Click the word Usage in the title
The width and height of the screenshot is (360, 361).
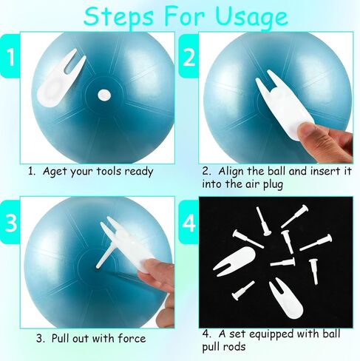pyautogui.click(x=251, y=17)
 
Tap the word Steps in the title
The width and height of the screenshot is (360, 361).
pyautogui.click(x=118, y=16)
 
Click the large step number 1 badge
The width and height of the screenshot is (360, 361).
pyautogui.click(x=10, y=56)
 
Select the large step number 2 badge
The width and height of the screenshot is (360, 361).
pyautogui.click(x=189, y=56)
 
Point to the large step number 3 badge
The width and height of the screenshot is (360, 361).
pyautogui.click(x=10, y=222)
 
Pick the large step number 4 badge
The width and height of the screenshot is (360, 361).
pyautogui.click(x=189, y=222)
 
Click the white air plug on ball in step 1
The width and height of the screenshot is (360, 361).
pyautogui.click(x=104, y=95)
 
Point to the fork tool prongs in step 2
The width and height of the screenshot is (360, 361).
pyautogui.click(x=268, y=81)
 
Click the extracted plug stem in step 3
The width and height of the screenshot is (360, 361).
pyautogui.click(x=104, y=257)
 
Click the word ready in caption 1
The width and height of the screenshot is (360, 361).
pyautogui.click(x=139, y=172)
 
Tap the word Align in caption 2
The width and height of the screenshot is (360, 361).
pyautogui.click(x=231, y=172)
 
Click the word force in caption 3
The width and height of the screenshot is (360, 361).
pyautogui.click(x=132, y=338)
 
